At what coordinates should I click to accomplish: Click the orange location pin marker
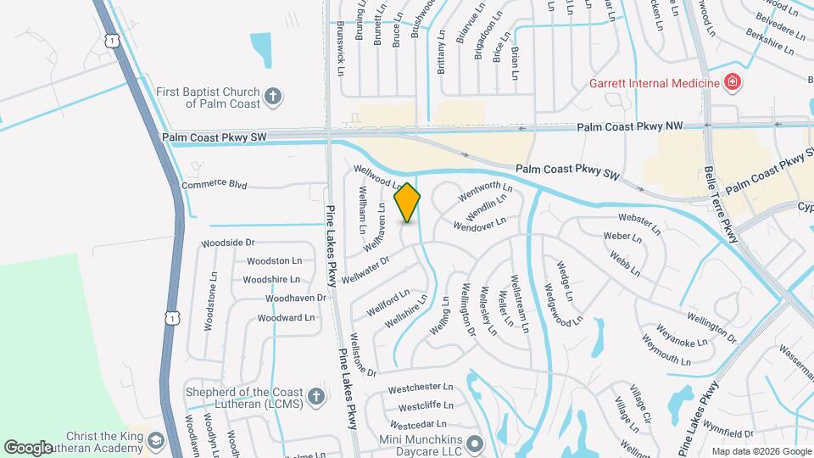point(408,203)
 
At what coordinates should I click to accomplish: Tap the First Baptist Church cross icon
point(273,95)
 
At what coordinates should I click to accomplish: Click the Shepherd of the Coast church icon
point(315,397)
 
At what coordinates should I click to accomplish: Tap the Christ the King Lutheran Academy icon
point(155,440)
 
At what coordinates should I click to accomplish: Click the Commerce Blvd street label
point(215,183)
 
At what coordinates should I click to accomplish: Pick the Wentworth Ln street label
point(486,191)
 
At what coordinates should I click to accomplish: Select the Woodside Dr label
point(228,243)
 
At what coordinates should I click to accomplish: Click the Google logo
point(29,447)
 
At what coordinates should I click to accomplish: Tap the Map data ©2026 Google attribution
point(761,451)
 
